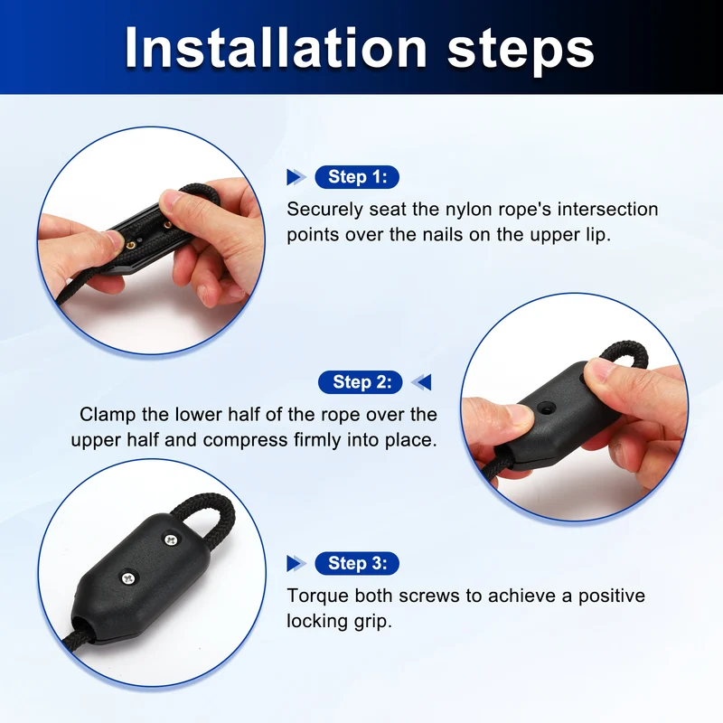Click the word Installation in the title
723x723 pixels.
(276, 48)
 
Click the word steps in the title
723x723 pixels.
(521, 51)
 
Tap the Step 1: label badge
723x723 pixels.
(357, 177)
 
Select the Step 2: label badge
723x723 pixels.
(360, 382)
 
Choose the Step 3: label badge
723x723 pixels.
(357, 563)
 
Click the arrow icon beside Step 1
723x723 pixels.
(296, 177)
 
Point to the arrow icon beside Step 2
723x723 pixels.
(421, 382)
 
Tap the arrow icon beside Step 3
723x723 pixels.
(296, 563)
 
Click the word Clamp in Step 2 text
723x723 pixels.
(108, 416)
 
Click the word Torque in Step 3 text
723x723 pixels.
(318, 596)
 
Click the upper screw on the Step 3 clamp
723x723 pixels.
(171, 539)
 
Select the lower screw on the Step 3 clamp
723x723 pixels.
(128, 577)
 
